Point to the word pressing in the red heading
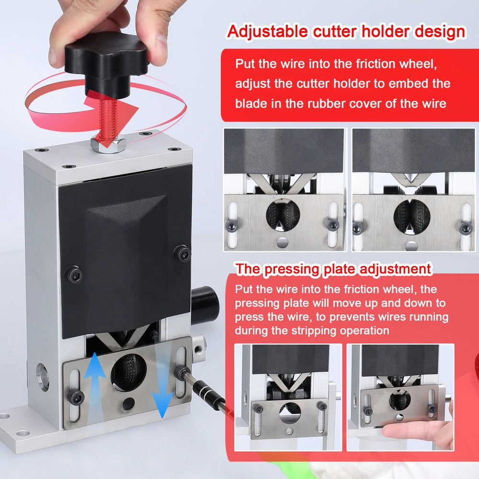[x=292, y=269]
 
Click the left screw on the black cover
[x=73, y=274]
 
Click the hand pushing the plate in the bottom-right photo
[x=417, y=434]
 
